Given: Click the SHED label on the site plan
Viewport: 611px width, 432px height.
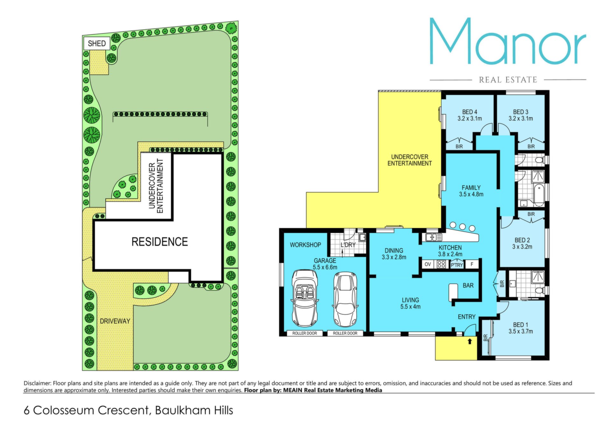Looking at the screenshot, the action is coord(97,43).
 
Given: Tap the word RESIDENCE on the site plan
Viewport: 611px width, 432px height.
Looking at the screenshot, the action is coord(159,242).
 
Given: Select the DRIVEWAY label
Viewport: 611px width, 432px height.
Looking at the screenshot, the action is coord(115,321).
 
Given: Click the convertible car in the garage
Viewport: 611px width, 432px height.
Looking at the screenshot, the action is coord(305,298).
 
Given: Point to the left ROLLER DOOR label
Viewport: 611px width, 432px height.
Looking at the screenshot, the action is coord(305,333).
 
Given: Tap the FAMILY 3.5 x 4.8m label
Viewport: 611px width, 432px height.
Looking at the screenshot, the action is coord(471,191).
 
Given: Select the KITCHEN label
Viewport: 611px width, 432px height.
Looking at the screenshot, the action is coord(450,248).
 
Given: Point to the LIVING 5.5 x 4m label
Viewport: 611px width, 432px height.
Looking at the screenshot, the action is coord(411,303).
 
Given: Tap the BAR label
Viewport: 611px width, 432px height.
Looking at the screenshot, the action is coord(468,286).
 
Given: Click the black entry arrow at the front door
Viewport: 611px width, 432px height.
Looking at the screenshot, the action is coord(470,342).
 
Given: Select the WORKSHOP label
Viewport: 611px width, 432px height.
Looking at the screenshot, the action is coord(305,245).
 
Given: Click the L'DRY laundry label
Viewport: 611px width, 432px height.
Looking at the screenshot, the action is coord(348,245).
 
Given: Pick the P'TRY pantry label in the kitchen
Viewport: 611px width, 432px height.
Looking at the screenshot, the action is coord(457,265).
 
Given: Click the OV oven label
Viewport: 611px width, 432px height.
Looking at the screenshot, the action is coord(428,264).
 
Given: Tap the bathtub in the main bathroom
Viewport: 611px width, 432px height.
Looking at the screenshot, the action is coord(538,194).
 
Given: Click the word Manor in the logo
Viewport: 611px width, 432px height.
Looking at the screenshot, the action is coord(508,41).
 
